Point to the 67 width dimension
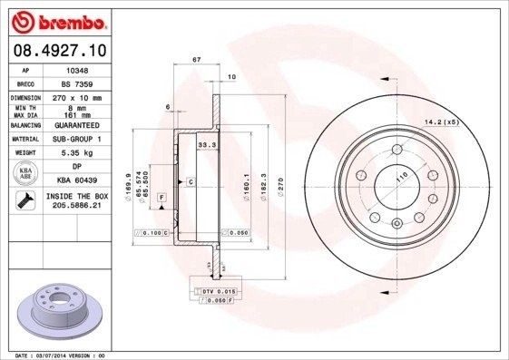click(x=196, y=60)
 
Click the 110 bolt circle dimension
click(x=396, y=180)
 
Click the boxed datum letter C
click(x=191, y=182)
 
